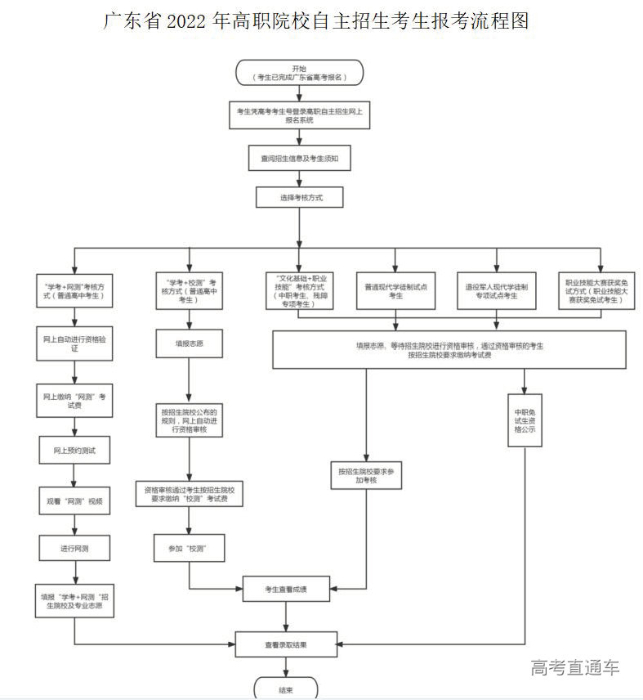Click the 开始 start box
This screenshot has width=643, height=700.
coord(299,72)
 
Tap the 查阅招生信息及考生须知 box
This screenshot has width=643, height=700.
coord(300,158)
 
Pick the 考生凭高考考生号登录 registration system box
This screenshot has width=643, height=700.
coord(299,114)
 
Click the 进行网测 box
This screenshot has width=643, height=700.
coord(74,547)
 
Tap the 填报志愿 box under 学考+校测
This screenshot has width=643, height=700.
coord(190,343)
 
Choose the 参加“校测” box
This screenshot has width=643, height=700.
coord(190,548)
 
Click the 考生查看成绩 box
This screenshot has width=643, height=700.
coord(286,588)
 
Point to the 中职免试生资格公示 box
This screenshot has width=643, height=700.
coord(525,420)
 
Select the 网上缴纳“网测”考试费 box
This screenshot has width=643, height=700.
coord(74,401)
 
